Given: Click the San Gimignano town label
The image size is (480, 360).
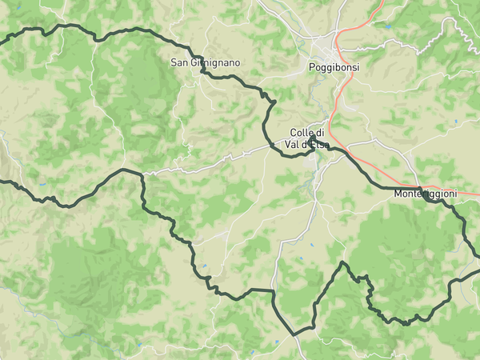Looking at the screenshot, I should click(205, 62).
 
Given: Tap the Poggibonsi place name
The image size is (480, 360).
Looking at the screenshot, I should click(334, 68).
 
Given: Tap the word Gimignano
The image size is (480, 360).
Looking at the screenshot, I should click(216, 62).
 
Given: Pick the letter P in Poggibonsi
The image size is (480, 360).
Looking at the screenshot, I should click(313, 68).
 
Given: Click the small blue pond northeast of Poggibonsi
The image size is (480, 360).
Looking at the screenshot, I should click(388, 26).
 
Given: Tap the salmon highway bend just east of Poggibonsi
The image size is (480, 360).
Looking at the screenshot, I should click(342, 40).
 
